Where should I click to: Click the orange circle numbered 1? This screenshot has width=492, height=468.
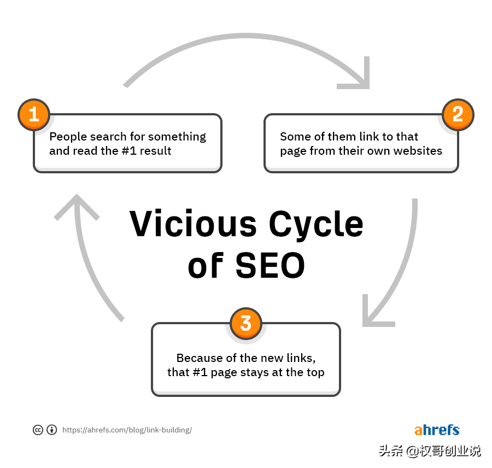coord(34,115)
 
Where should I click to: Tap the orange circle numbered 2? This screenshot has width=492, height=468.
coord(458,115)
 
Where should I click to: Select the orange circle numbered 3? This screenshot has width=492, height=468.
coord(246,323)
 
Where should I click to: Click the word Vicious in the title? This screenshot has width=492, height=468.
coord(194,224)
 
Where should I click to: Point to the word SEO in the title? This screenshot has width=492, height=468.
coord(270,266)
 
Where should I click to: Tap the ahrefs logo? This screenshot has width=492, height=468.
coord(437,430)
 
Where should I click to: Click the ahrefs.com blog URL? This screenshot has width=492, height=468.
coord(127,430)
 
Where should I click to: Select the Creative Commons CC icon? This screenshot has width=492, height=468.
coord(38,430)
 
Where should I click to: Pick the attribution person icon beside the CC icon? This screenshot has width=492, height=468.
coord(52,430)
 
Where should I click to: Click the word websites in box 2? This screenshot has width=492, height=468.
coord(418,151)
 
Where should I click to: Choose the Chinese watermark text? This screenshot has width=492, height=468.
coord(430,451)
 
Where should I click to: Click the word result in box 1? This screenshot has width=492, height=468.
coord(156,151)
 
